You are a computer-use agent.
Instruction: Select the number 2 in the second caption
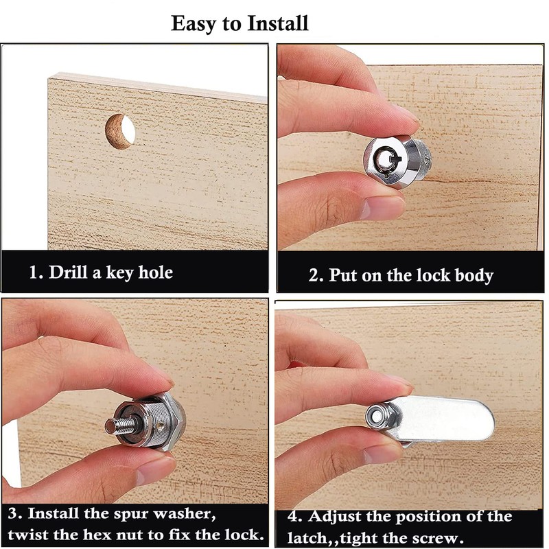click(315, 275)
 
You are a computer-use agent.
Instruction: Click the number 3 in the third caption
click(14, 513)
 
